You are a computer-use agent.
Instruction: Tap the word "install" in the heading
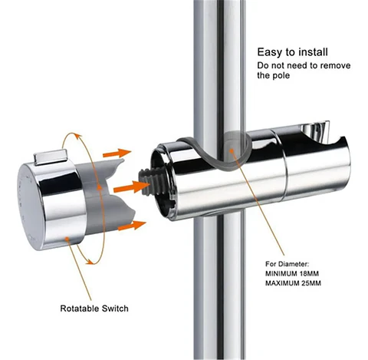point(313,52)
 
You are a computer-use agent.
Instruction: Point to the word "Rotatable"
point(80,309)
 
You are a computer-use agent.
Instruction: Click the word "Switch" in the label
point(115,309)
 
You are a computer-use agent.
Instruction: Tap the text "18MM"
point(309,273)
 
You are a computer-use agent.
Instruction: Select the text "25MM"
point(311,283)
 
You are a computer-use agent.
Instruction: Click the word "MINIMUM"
point(281,273)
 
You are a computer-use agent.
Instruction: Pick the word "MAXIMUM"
point(282,283)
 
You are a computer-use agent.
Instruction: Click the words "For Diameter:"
point(287,264)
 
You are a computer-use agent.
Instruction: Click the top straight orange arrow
point(117,154)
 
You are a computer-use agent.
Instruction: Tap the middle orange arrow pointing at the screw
point(131,187)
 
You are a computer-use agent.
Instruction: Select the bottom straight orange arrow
point(132,226)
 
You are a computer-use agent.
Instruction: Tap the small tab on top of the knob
point(51,157)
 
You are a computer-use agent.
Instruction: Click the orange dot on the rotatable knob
point(67,239)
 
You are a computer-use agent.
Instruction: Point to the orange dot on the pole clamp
point(232,150)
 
